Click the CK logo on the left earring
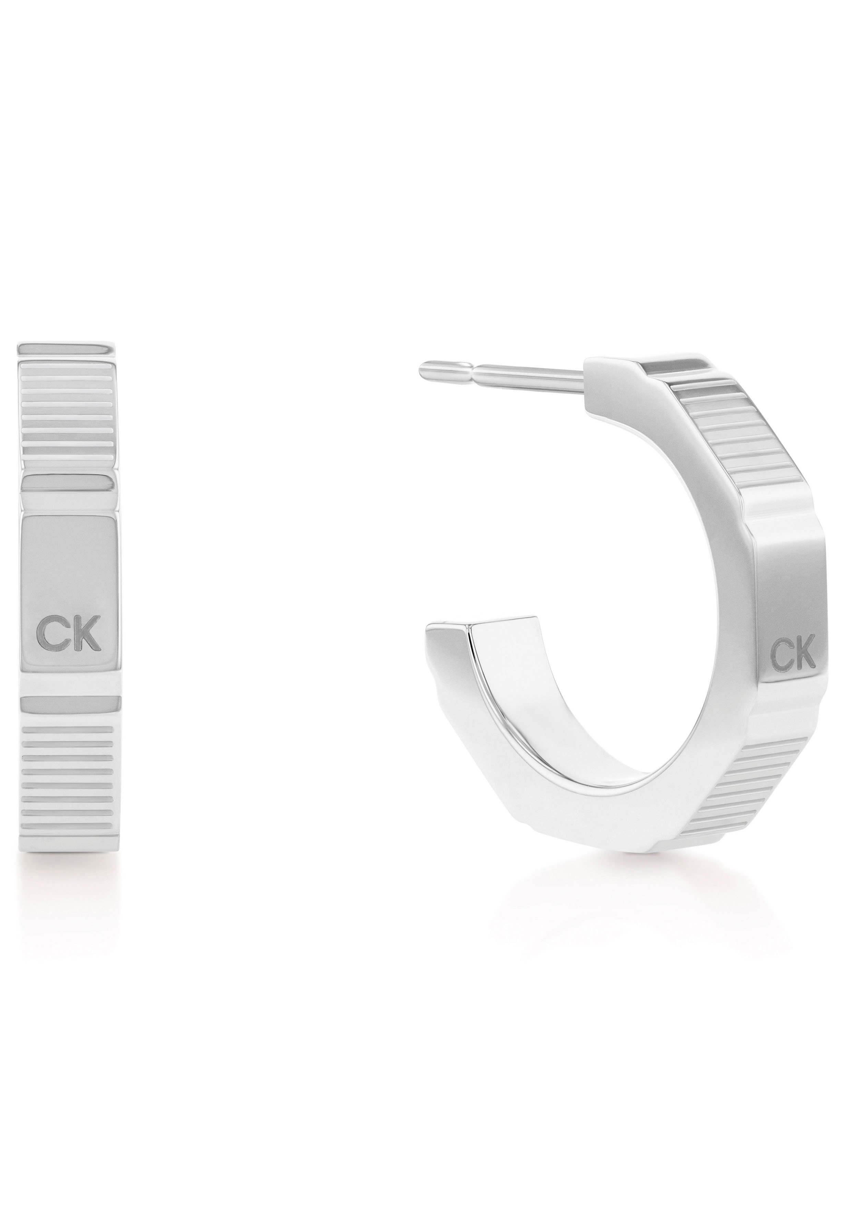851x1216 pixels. point(69,639)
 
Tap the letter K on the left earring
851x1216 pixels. point(86,639)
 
